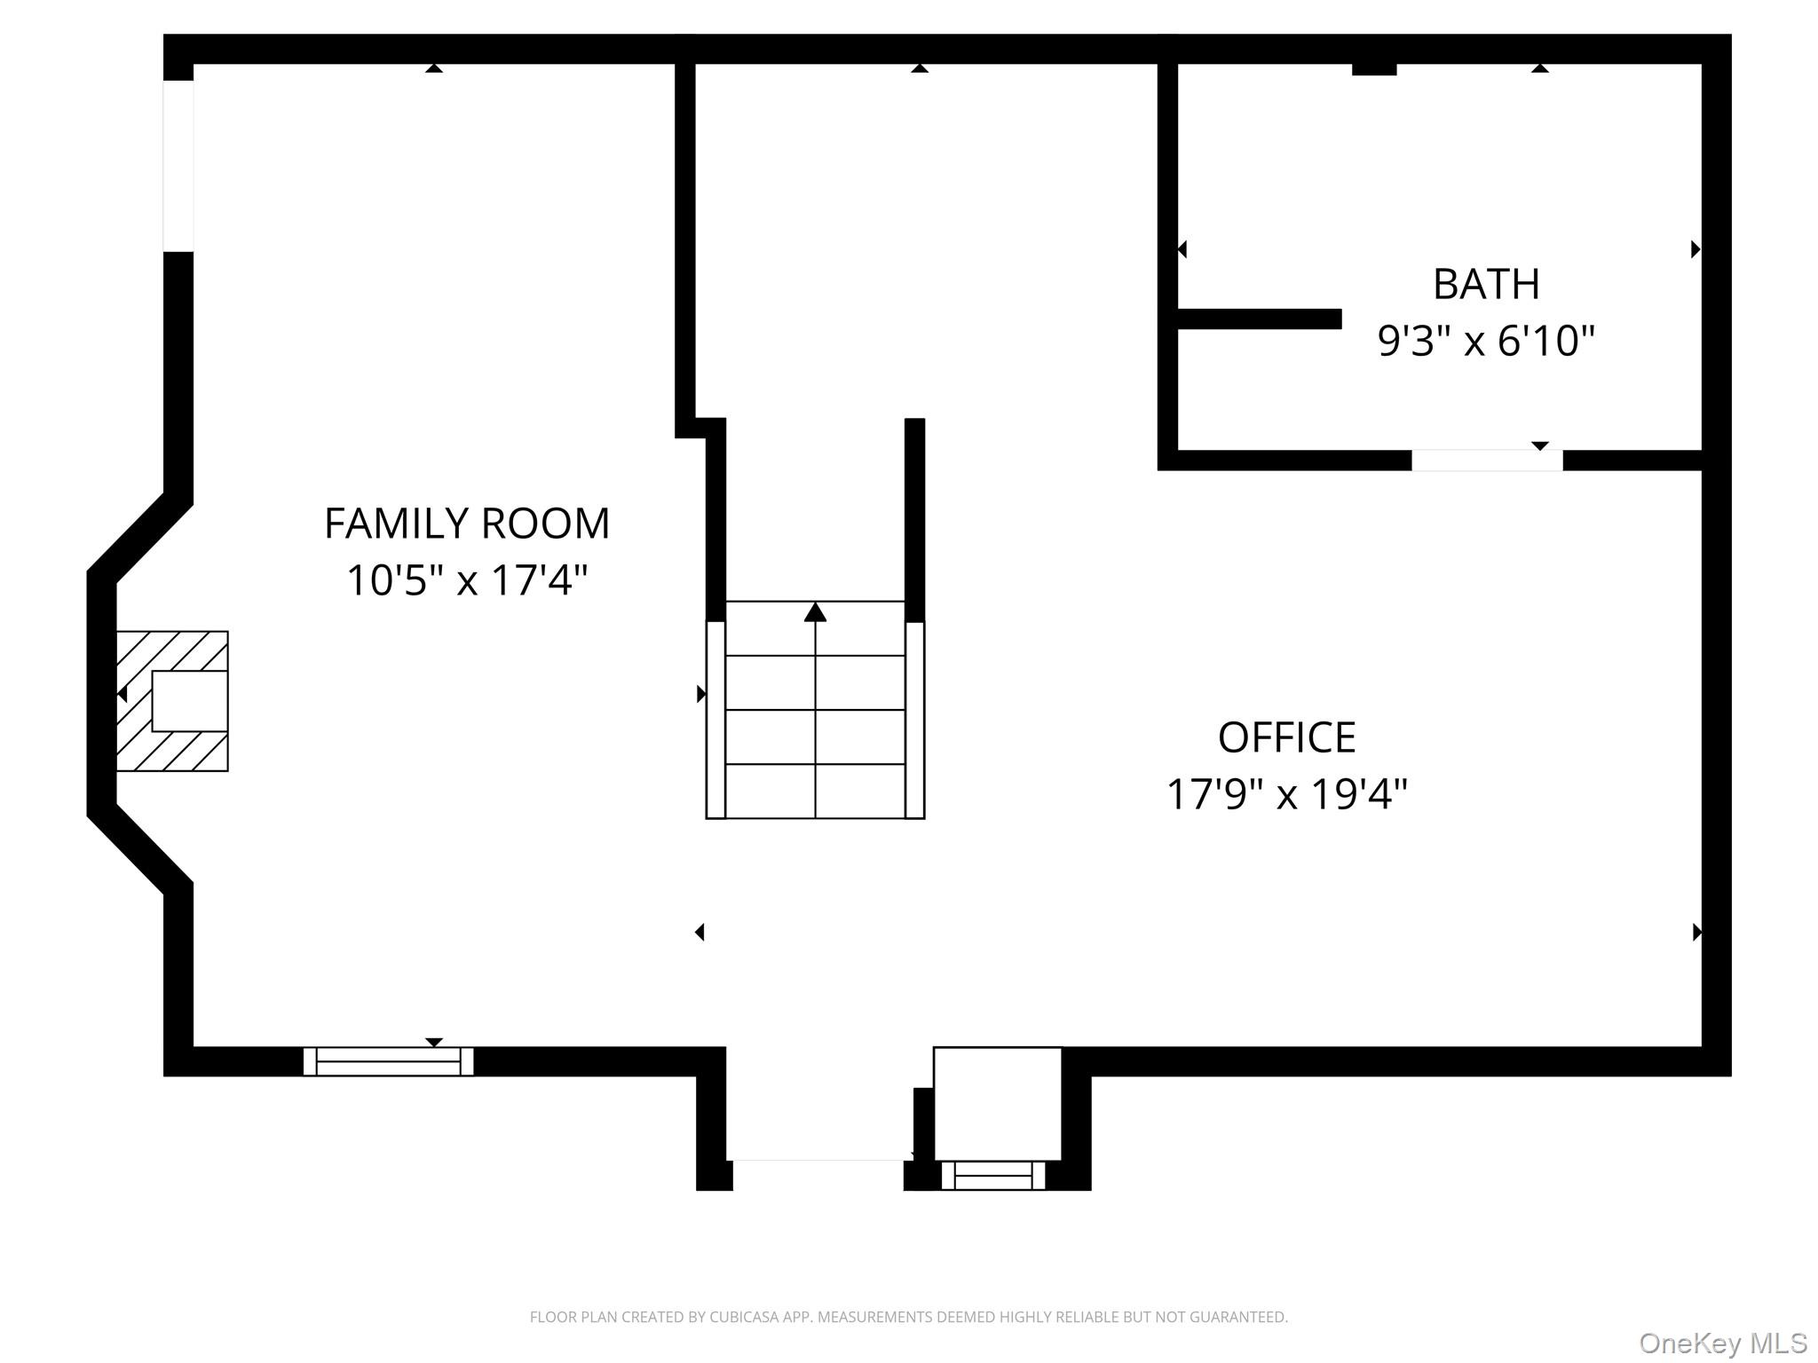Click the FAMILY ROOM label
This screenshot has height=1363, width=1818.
coord(467,524)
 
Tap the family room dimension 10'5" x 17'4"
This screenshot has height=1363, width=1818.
coord(467,581)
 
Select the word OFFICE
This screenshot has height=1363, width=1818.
coord(1286,737)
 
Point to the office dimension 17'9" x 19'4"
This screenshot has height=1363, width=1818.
coord(1286,794)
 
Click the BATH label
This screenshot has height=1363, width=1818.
coord(1486,285)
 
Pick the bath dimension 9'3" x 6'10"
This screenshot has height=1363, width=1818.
coord(1486,341)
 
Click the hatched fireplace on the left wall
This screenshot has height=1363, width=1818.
coord(172,700)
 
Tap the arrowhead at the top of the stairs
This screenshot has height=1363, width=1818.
coord(815,612)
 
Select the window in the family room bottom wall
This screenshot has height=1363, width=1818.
coord(388,1061)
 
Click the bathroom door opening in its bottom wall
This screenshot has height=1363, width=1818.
coord(1487,461)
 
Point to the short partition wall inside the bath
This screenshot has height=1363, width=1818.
coord(1259,319)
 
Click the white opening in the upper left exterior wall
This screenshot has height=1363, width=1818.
coord(178,166)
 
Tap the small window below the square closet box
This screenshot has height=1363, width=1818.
coord(993,1175)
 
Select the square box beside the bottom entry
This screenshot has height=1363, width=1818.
coord(997,1103)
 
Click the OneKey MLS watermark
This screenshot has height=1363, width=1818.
coord(1722,1343)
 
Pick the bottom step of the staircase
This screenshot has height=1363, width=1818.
coord(815,791)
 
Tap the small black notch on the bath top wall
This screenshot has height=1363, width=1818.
coord(1373,69)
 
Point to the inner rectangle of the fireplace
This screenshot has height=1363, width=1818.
coord(189,700)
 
